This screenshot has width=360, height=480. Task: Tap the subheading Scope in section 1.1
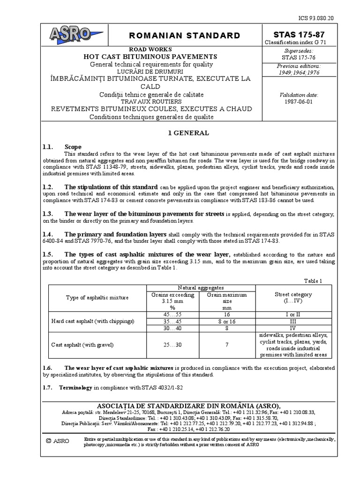(73, 147)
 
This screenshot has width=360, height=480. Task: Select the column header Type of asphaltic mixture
(97, 298)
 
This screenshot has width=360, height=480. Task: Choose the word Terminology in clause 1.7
(77, 388)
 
